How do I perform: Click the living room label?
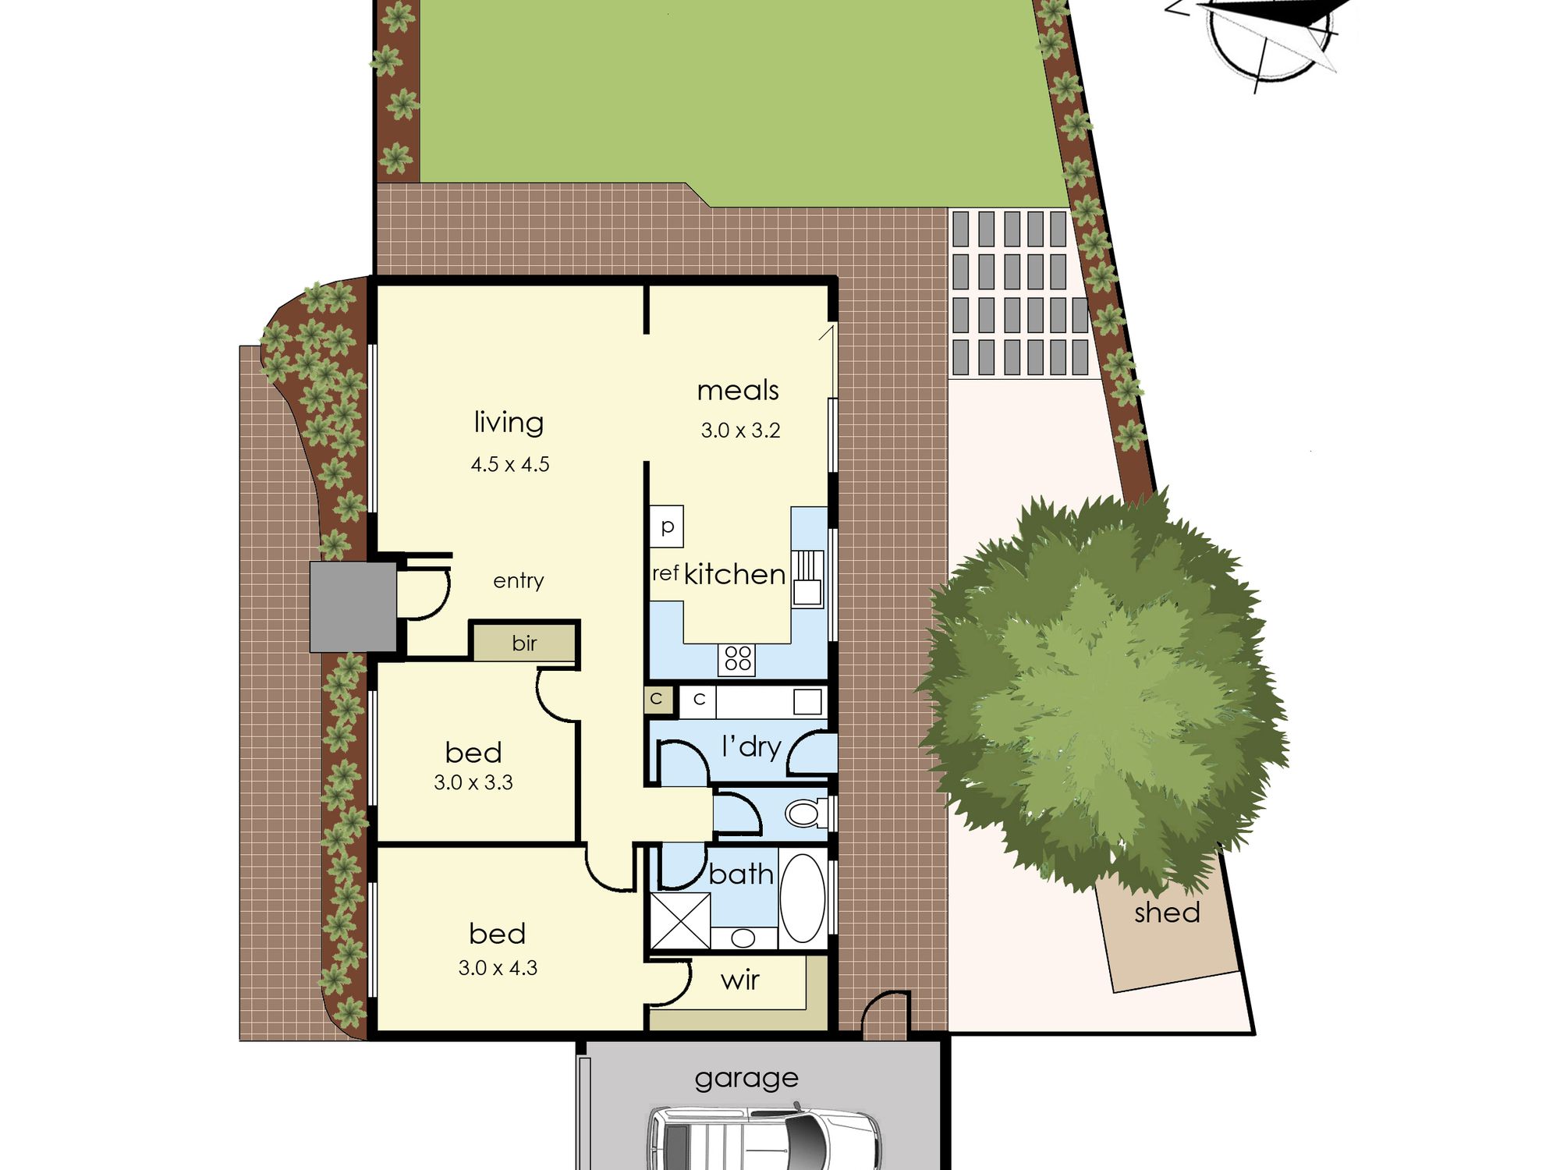tap(509, 422)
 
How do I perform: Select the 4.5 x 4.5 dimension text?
tap(510, 465)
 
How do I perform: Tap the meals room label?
tap(738, 390)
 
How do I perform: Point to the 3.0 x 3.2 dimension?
tap(740, 431)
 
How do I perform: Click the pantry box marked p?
tap(667, 526)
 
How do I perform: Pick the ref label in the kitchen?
tap(665, 574)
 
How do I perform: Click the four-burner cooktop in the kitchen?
tap(738, 658)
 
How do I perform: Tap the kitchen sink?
tap(808, 577)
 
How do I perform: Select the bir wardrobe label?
tap(524, 643)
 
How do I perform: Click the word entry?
tap(519, 581)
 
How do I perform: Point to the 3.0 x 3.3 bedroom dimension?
tap(473, 782)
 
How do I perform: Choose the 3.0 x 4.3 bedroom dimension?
tap(498, 968)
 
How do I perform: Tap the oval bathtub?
tap(803, 898)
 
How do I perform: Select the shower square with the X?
tap(680, 921)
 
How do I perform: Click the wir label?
tap(739, 980)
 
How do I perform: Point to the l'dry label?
tap(751, 747)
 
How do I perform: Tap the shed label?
tap(1167, 913)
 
